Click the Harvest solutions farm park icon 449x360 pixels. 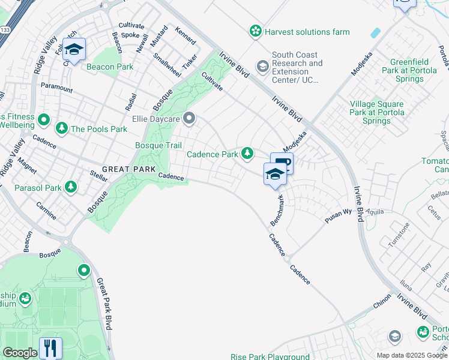coord(256,31)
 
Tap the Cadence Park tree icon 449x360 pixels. coord(247,154)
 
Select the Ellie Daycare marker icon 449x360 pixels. coord(190,118)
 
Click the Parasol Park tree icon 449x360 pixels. coord(71,188)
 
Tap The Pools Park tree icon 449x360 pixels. coord(62,128)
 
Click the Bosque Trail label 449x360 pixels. coord(158,145)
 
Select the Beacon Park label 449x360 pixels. coord(110,67)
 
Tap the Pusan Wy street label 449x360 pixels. coord(338,216)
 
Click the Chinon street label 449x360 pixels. coord(382,304)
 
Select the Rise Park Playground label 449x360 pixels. coord(271,356)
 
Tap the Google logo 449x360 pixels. coord(19,353)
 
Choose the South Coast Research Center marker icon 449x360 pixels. coord(262,67)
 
